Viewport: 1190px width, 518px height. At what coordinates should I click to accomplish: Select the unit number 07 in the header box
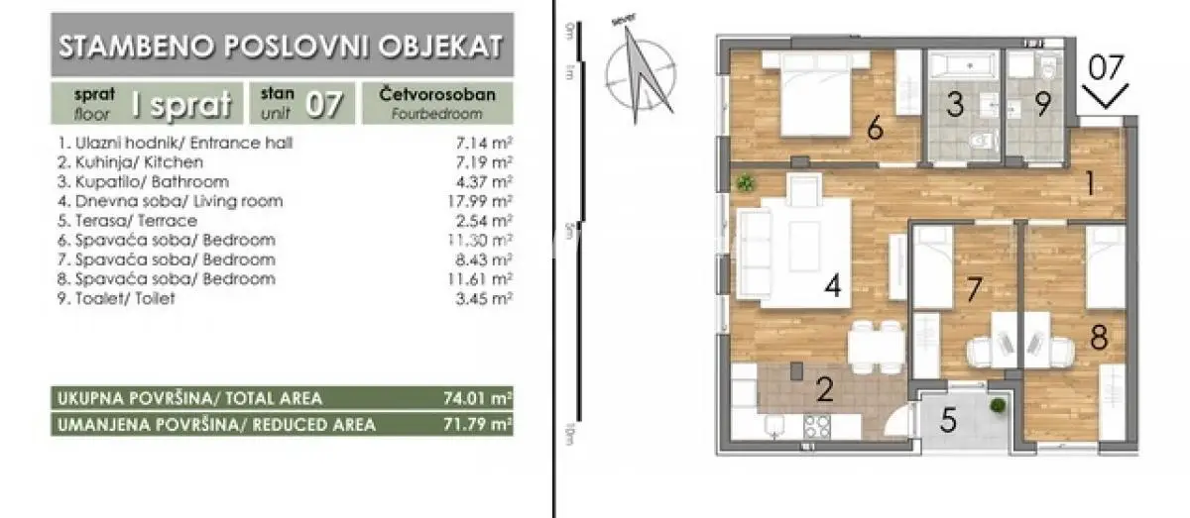[324, 103]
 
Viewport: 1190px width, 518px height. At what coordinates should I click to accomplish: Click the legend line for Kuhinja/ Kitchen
[131, 162]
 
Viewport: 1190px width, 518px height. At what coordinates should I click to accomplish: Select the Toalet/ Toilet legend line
[117, 297]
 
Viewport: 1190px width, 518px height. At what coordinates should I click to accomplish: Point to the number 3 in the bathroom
[953, 105]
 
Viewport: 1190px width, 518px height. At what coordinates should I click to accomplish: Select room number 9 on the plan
[1041, 105]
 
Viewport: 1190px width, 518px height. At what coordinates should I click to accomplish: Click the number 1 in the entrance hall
[1089, 183]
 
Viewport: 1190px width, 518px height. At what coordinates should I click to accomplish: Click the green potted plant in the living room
[746, 182]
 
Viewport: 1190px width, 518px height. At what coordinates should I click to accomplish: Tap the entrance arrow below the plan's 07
[1105, 97]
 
